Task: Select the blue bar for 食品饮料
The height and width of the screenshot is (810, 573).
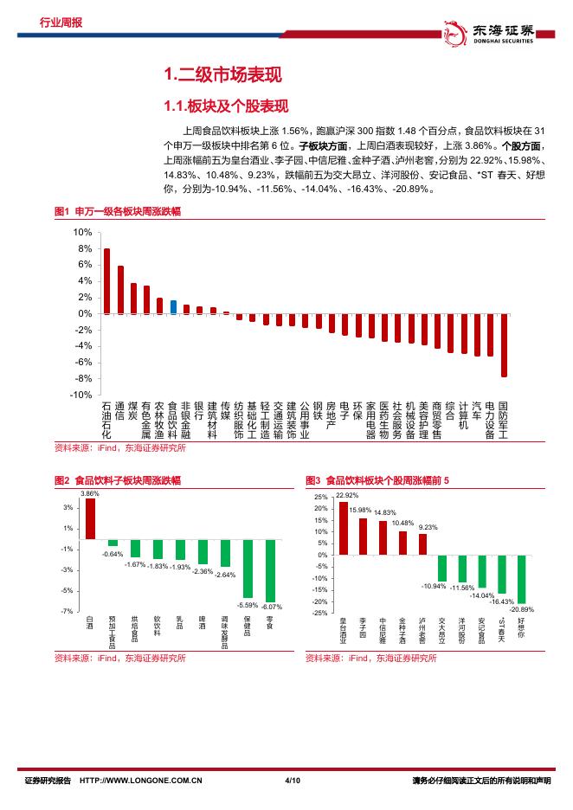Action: click(173, 307)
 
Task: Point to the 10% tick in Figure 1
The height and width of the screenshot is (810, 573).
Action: click(83, 233)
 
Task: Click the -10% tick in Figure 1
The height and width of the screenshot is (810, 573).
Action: click(81, 395)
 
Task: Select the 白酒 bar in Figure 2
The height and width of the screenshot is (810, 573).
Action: click(90, 518)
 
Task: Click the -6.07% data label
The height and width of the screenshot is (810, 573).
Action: click(271, 607)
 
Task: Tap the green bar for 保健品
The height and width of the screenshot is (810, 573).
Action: click(248, 568)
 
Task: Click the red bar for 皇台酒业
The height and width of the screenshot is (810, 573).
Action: click(344, 528)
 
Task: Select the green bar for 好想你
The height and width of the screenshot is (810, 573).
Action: click(521, 579)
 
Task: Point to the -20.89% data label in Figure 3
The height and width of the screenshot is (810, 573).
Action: click(522, 609)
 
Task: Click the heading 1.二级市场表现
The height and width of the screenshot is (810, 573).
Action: click(222, 75)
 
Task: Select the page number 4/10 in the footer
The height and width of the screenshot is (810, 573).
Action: click(292, 783)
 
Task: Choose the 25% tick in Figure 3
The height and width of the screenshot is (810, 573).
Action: click(320, 498)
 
